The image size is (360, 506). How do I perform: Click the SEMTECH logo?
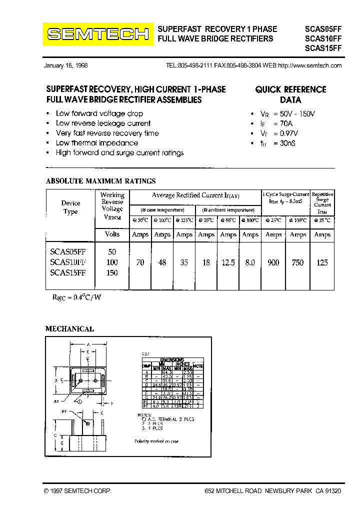[x=97, y=34]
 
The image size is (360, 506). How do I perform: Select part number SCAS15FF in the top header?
[x=323, y=48]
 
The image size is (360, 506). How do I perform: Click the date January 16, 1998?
[x=65, y=66]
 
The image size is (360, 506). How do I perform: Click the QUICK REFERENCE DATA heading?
[x=290, y=94]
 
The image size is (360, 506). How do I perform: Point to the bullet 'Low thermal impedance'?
[x=96, y=143]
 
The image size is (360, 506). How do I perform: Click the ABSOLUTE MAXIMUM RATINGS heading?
[x=100, y=181]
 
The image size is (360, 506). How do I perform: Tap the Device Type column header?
[x=70, y=207]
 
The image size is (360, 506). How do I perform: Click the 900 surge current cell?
[x=273, y=262]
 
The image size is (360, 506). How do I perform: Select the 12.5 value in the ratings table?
[x=228, y=262]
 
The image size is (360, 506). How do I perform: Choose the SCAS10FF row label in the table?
[x=68, y=262]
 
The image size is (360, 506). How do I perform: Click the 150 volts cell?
[x=112, y=272]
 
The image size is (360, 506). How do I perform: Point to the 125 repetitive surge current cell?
[x=322, y=262]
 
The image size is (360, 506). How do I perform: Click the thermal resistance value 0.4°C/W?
[x=77, y=297]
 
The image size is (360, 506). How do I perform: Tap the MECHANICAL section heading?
[x=69, y=329]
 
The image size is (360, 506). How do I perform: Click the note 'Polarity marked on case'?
[x=156, y=441]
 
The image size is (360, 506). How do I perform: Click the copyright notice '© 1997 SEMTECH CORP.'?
[x=77, y=492]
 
